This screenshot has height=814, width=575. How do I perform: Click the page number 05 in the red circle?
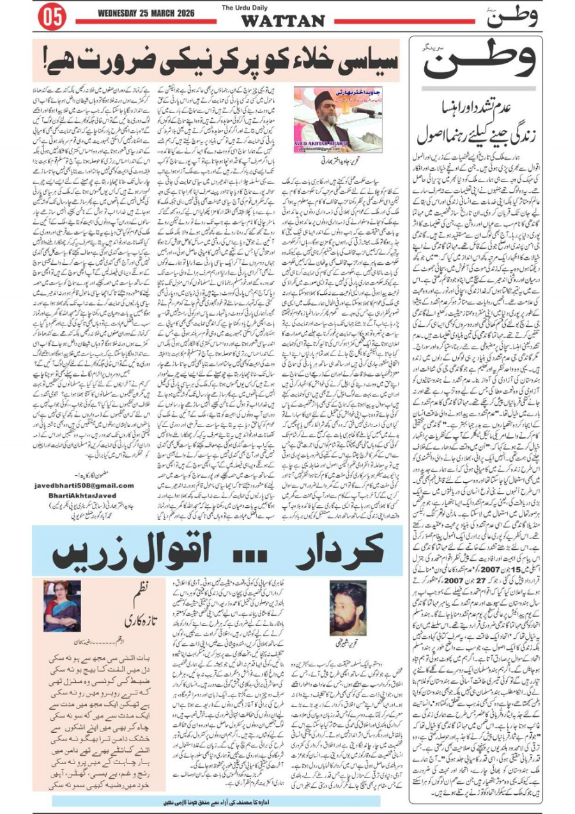pos(51,17)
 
